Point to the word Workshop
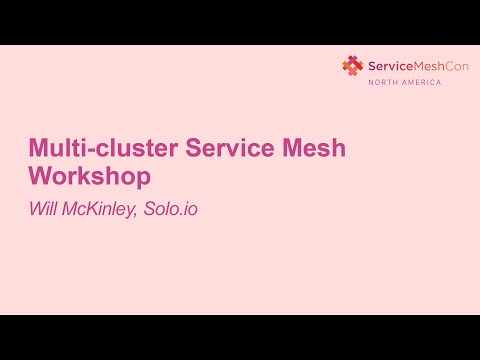[x=89, y=177]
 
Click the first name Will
[x=44, y=210]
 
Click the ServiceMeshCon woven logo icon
[x=352, y=65]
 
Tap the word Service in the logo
[x=387, y=65]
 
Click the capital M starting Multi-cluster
[x=38, y=149]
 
